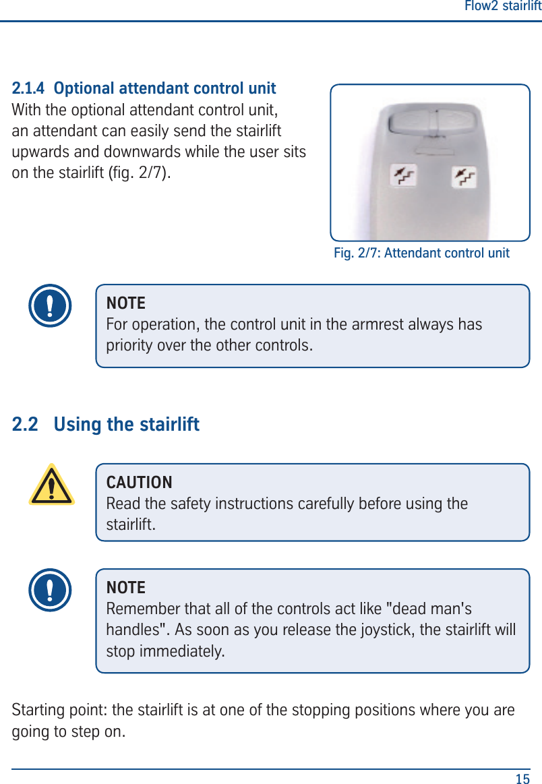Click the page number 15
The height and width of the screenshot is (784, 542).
coord(522,779)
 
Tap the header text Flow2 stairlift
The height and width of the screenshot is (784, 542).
coord(503,7)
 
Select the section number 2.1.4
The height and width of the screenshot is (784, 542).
coord(29,88)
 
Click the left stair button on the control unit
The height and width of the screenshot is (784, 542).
coord(404,177)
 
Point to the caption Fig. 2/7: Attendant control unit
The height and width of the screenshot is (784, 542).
coord(421,253)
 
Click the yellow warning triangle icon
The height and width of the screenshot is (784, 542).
coord(51,485)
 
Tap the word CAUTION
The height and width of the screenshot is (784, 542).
coord(140,483)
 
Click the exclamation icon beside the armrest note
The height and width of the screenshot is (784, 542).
coord(50,305)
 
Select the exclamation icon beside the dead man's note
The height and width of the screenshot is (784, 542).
coord(50,590)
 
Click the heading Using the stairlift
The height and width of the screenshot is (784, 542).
coord(126,425)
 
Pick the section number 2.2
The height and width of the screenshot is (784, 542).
coord(25,425)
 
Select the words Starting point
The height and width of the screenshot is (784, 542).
coord(59,711)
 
